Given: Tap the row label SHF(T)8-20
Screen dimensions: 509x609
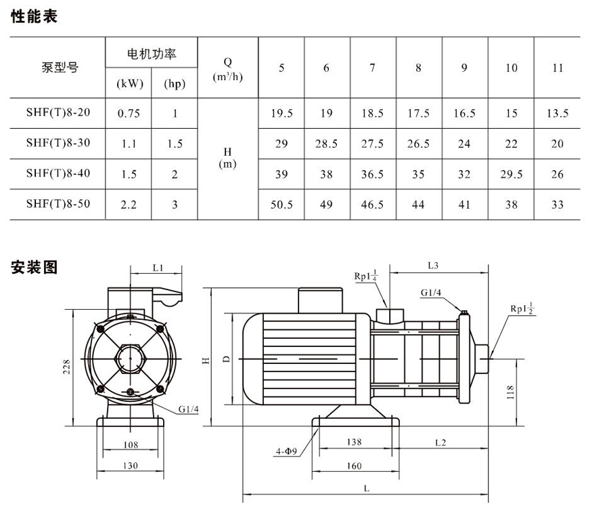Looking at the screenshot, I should coord(58,113).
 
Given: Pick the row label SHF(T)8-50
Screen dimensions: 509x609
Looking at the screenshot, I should coord(58,203).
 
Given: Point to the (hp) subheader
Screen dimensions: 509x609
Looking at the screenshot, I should coord(175,84).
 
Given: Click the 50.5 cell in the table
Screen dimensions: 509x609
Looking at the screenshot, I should coord(281,204).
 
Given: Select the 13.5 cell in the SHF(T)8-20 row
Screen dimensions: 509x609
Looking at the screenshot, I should coord(557,113).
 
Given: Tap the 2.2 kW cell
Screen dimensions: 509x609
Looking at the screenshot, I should coord(129,204).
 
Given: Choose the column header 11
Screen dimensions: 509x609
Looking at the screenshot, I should coord(557,68).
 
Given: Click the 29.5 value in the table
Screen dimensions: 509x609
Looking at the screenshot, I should coord(511,174).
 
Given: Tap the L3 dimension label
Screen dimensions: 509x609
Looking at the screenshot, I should coord(433,266).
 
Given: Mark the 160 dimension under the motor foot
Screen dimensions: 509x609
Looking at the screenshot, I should coord(354,466).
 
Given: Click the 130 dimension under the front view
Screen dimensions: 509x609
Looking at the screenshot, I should coord(131,466).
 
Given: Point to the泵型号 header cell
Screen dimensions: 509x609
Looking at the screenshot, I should coord(58,68).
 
